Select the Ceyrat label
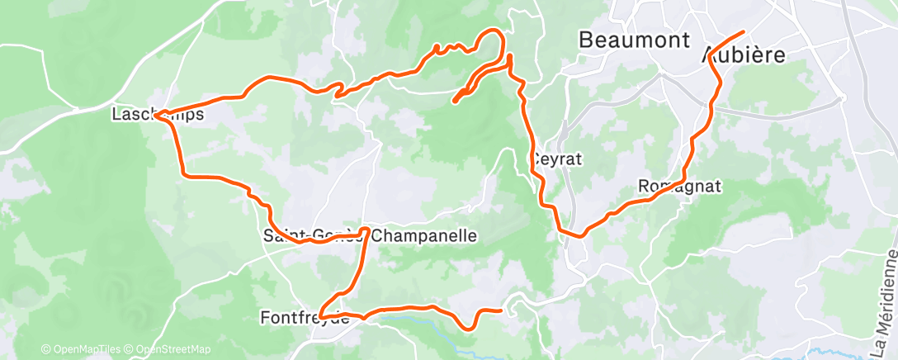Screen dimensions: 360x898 (557, 159)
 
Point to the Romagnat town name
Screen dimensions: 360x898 (680, 187)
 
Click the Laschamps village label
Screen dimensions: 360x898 (157, 115)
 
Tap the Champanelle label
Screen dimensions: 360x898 (424, 236)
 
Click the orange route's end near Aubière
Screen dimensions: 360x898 (743, 32)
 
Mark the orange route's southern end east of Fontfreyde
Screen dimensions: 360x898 (501, 310)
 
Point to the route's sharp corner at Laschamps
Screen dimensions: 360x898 (155, 114)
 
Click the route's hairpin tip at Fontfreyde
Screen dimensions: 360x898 (320, 316)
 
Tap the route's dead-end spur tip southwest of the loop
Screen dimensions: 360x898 (455, 102)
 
